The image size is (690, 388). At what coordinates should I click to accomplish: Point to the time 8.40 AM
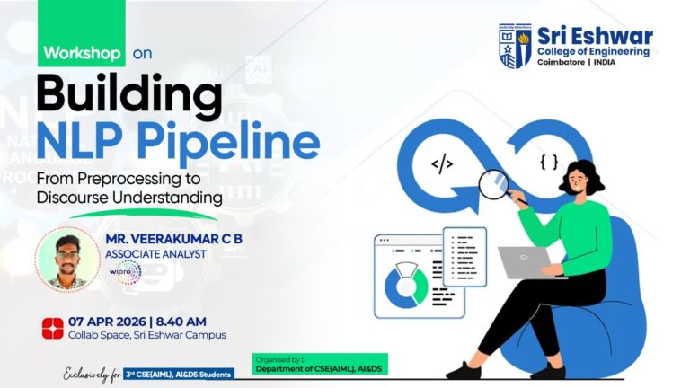(x=190, y=322)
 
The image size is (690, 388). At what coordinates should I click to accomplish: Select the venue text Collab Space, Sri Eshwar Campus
(x=146, y=335)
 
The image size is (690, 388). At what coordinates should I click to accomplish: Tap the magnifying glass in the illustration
(x=495, y=184)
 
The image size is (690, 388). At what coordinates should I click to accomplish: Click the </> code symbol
(x=442, y=163)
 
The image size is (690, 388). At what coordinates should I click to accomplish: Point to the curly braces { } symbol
(x=549, y=162)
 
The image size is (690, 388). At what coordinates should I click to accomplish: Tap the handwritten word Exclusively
(x=93, y=373)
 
